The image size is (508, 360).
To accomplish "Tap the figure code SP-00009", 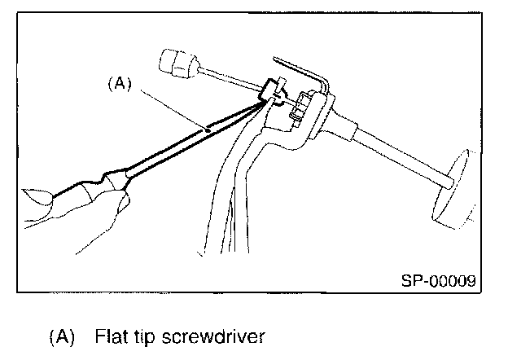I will tap(437, 281).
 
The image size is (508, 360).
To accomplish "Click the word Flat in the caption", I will tap(110, 336).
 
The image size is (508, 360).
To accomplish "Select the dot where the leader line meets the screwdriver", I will tap(208, 129).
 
